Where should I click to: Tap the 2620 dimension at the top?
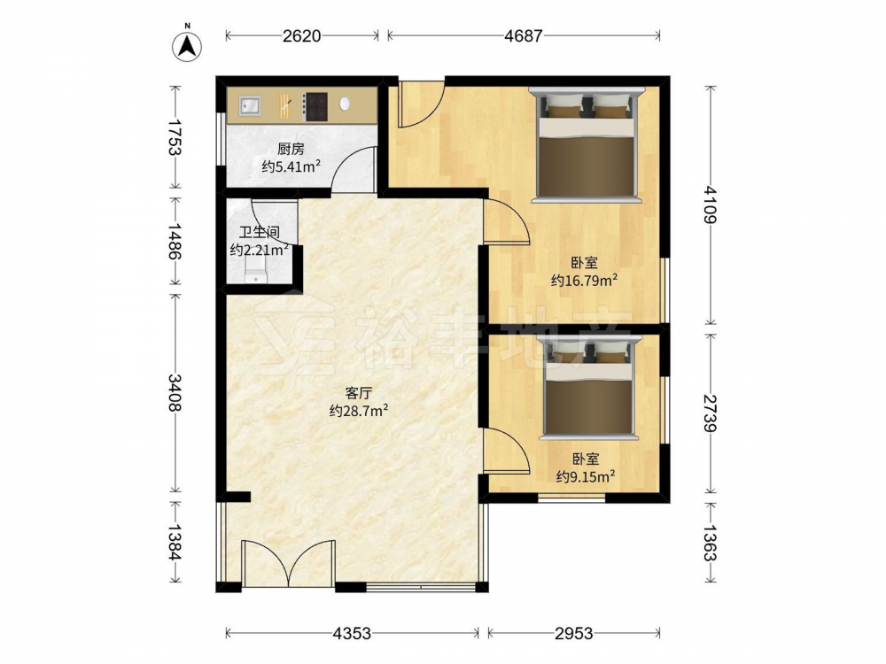click(x=302, y=36)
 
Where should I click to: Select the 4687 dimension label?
click(x=524, y=36)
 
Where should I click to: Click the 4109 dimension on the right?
click(x=711, y=205)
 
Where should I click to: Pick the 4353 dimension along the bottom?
click(x=352, y=634)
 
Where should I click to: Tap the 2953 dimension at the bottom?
click(x=573, y=634)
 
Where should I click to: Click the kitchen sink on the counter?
click(x=250, y=105)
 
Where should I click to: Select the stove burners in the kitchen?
click(x=315, y=106)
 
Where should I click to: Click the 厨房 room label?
click(x=291, y=149)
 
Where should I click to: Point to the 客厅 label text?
click(x=358, y=392)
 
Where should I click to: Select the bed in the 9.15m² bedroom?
click(x=587, y=388)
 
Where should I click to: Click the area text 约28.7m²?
click(x=358, y=411)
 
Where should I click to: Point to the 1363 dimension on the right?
click(x=711, y=544)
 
